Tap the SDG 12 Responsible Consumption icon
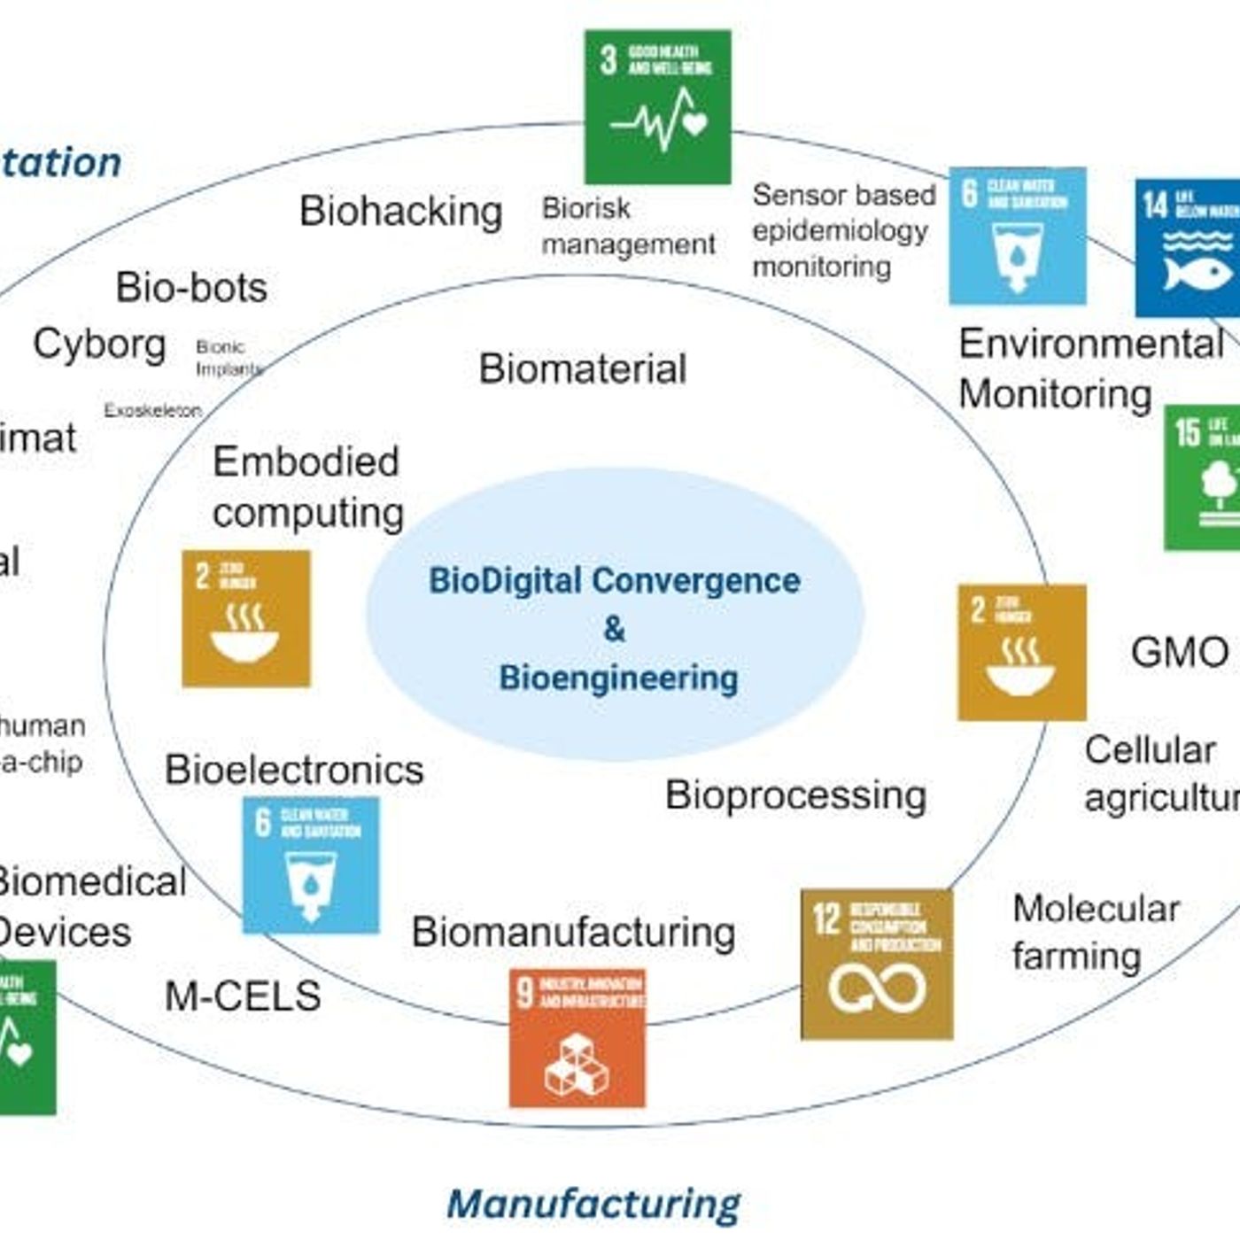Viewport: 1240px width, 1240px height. click(877, 964)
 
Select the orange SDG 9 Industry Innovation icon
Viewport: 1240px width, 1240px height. click(577, 1037)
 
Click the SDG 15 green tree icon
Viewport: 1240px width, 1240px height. click(1203, 477)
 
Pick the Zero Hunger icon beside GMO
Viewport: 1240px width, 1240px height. click(1021, 652)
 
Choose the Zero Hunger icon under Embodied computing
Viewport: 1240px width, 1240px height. click(246, 618)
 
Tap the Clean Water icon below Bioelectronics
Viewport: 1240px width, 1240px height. click(311, 864)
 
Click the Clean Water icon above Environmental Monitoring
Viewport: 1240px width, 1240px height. click(1017, 236)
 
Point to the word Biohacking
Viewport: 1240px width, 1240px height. click(400, 212)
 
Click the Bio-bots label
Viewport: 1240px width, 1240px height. click(191, 288)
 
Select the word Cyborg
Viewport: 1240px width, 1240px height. click(99, 345)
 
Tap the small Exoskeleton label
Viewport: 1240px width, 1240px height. click(152, 411)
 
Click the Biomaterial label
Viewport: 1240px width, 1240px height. click(582, 369)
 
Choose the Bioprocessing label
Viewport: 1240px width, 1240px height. click(795, 795)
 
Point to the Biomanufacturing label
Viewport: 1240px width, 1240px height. click(573, 933)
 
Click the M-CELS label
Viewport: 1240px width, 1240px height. click(243, 996)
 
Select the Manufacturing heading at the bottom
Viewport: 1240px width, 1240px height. click(593, 1205)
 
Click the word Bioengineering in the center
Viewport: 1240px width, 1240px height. click(618, 678)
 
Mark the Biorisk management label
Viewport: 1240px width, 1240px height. click(627, 226)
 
